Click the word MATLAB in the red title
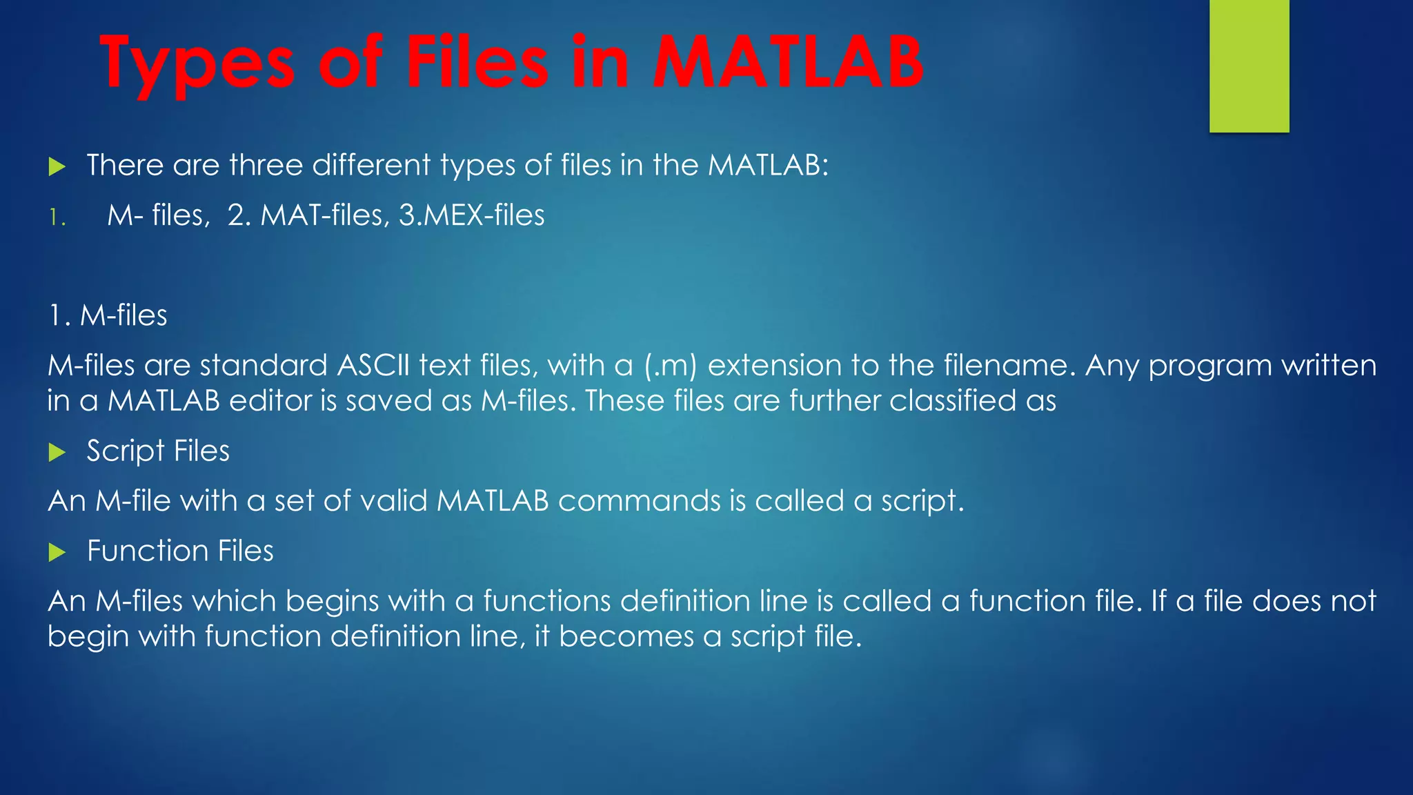tap(787, 63)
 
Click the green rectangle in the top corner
tap(1249, 66)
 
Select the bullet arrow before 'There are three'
tap(57, 166)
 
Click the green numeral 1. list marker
tap(57, 218)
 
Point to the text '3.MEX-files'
tap(472, 215)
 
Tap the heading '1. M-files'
tap(108, 315)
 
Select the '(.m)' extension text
tap(671, 366)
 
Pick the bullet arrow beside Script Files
tap(57, 453)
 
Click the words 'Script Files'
tap(158, 451)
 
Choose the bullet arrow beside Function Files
tap(57, 552)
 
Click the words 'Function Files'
tap(180, 551)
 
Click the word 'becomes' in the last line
tap(626, 636)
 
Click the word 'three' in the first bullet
tap(266, 166)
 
